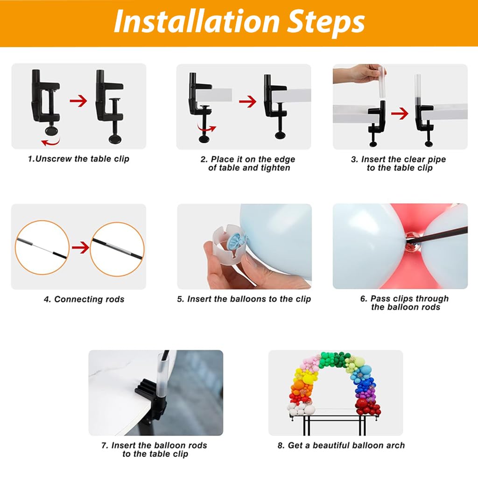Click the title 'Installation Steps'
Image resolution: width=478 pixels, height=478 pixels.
239,22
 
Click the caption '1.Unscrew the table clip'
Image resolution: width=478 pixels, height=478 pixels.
78,159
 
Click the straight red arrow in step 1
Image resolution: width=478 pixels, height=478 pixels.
78,100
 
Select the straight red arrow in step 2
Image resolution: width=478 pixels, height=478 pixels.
247,101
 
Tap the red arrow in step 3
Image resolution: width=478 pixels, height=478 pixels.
400,113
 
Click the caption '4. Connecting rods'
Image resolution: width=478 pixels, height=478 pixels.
84,299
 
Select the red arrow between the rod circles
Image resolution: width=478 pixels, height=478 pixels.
80,248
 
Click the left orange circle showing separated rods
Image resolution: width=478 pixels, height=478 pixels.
42,248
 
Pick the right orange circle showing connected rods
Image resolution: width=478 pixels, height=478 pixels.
117,248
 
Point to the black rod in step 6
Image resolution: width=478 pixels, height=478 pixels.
443,236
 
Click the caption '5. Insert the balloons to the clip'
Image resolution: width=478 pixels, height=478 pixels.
244,299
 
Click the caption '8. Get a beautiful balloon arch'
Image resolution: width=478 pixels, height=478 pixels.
341,445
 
